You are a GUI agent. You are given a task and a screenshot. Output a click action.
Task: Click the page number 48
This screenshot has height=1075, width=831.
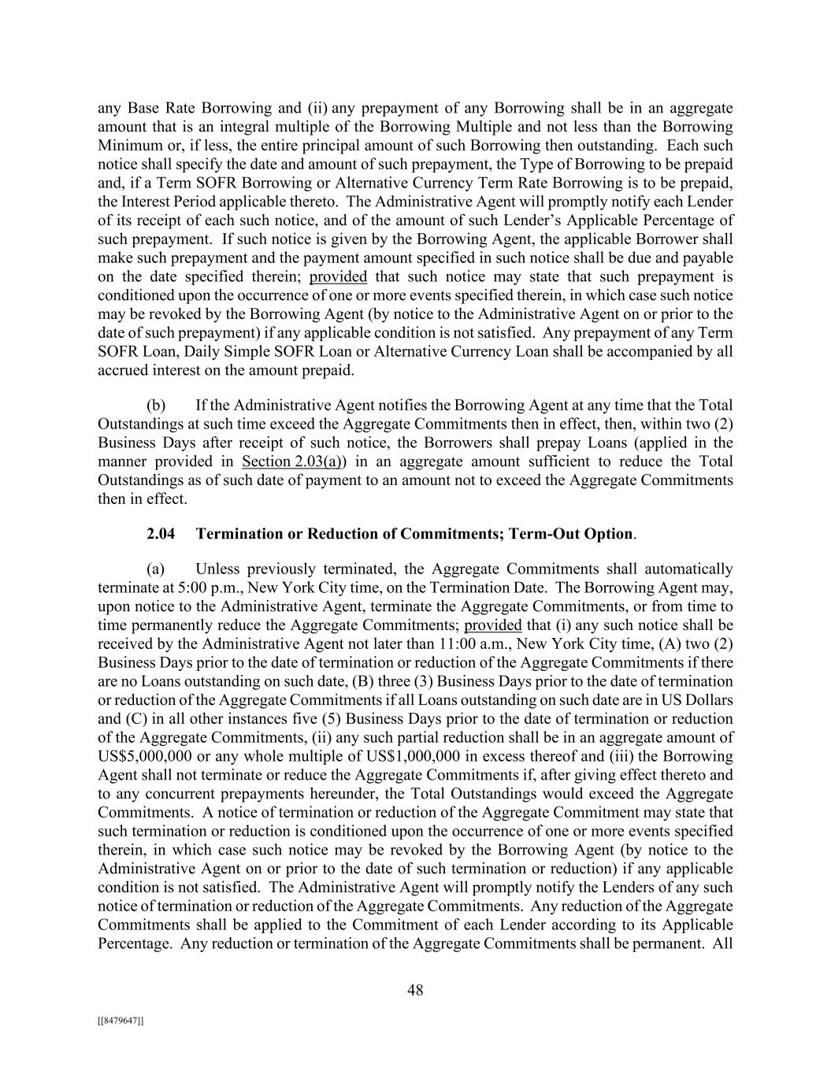[415, 991]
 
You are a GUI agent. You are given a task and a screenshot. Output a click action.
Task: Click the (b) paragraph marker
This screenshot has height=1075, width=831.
[156, 405]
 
